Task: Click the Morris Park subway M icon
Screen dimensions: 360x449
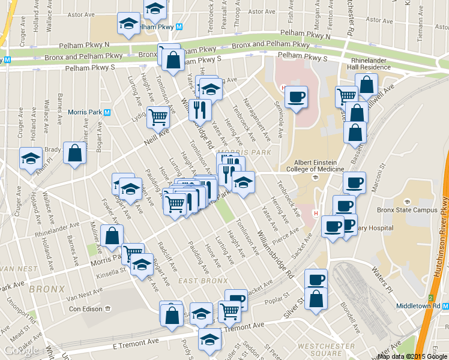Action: point(107,112)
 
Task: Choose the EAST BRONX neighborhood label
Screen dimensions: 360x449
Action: point(203,281)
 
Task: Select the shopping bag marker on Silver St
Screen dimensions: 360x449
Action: point(316,298)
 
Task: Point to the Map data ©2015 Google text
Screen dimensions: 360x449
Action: point(412,356)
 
